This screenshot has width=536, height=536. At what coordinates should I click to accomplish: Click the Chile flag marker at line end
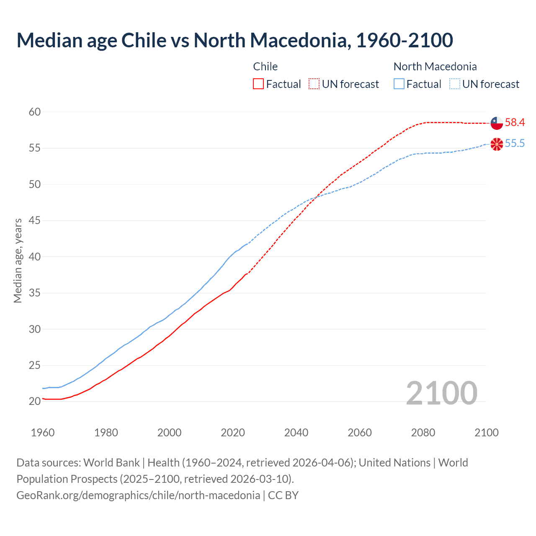pyautogui.click(x=497, y=123)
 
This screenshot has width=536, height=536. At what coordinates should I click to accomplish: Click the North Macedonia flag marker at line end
pyautogui.click(x=497, y=144)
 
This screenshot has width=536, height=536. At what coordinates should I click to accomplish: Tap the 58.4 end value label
pyautogui.click(x=515, y=123)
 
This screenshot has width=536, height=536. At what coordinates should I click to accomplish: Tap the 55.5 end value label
pyautogui.click(x=515, y=144)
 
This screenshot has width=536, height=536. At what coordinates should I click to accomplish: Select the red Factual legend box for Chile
pyautogui.click(x=258, y=84)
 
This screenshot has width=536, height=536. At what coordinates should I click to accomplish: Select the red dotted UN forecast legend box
pyautogui.click(x=314, y=84)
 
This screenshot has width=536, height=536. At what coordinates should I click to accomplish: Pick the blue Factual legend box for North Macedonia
pyautogui.click(x=399, y=84)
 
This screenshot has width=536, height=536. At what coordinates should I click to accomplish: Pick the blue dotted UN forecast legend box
pyautogui.click(x=454, y=84)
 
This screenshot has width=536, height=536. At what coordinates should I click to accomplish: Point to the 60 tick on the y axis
pyautogui.click(x=35, y=112)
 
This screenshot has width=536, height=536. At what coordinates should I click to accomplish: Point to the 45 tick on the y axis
pyautogui.click(x=35, y=220)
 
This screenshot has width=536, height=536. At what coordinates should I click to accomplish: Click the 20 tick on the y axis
pyautogui.click(x=35, y=401)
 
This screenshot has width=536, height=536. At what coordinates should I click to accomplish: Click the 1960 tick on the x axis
pyautogui.click(x=43, y=433)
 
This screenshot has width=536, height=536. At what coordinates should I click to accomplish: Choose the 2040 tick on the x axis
pyautogui.click(x=296, y=433)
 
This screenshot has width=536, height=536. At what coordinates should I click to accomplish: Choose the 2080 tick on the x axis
pyautogui.click(x=423, y=433)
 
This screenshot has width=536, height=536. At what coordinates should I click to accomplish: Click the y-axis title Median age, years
pyautogui.click(x=18, y=260)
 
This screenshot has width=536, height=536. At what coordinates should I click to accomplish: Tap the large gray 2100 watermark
pyautogui.click(x=441, y=393)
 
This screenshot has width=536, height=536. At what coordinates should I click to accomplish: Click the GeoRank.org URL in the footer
pyautogui.click(x=138, y=495)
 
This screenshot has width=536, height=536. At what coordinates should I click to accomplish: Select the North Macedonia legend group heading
pyautogui.click(x=435, y=67)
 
